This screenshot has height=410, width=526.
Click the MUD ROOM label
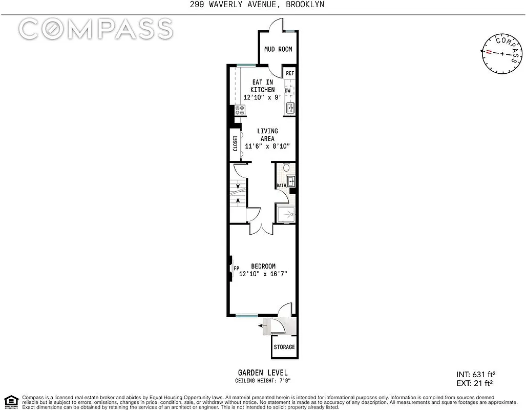point(278,49)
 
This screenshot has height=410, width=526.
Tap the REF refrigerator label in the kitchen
point(290,73)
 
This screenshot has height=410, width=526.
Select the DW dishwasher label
point(288,91)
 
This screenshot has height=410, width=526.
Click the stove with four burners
point(240,110)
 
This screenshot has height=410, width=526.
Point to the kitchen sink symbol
point(290,108)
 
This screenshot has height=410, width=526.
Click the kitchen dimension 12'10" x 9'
point(262,97)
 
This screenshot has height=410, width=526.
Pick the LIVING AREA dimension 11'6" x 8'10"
point(267,146)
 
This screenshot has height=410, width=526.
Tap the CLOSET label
point(235,143)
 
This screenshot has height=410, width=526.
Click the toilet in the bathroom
point(286,167)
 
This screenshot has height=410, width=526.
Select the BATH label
point(281,186)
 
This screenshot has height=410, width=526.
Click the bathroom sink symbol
point(291,180)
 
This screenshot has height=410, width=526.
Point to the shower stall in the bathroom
point(286,214)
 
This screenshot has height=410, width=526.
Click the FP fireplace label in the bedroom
point(236,268)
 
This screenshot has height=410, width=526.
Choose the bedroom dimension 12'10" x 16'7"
point(263,274)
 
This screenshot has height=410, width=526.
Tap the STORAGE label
point(284,347)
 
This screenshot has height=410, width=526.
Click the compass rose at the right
point(501,54)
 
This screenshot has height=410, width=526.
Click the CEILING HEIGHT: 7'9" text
point(263,381)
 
